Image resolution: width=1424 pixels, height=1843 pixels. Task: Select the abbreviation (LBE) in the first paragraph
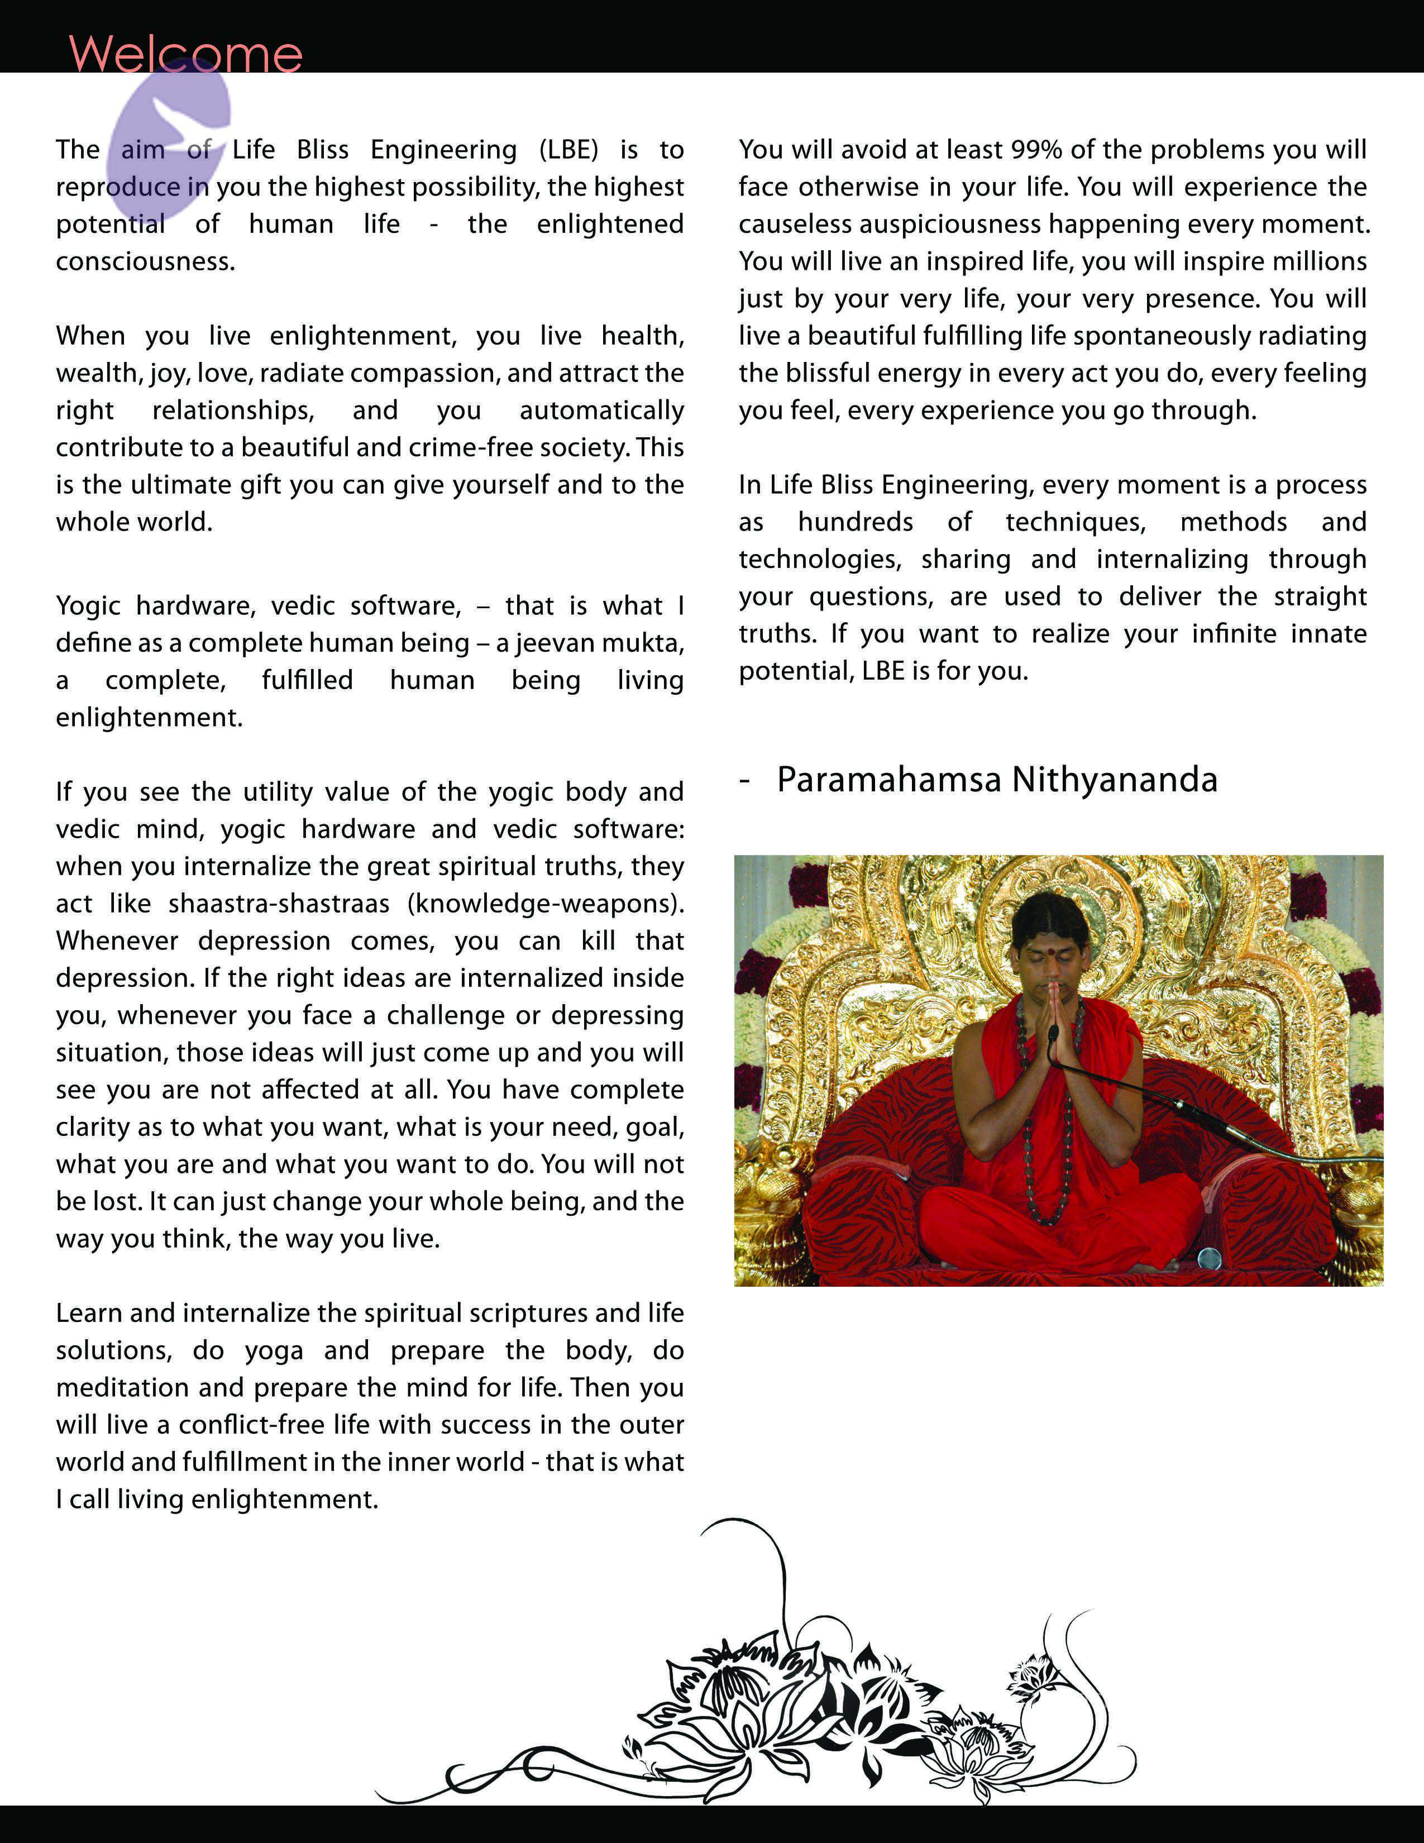pyautogui.click(x=568, y=149)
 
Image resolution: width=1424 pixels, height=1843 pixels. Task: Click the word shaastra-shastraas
pyautogui.click(x=279, y=904)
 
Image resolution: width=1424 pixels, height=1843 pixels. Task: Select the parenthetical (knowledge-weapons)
pyautogui.click(x=545, y=904)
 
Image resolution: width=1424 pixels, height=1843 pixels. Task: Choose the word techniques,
pyautogui.click(x=1076, y=522)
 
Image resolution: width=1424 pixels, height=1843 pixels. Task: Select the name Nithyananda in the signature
pyautogui.click(x=1115, y=780)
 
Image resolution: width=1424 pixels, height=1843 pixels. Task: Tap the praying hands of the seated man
pyautogui.click(x=1053, y=1021)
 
